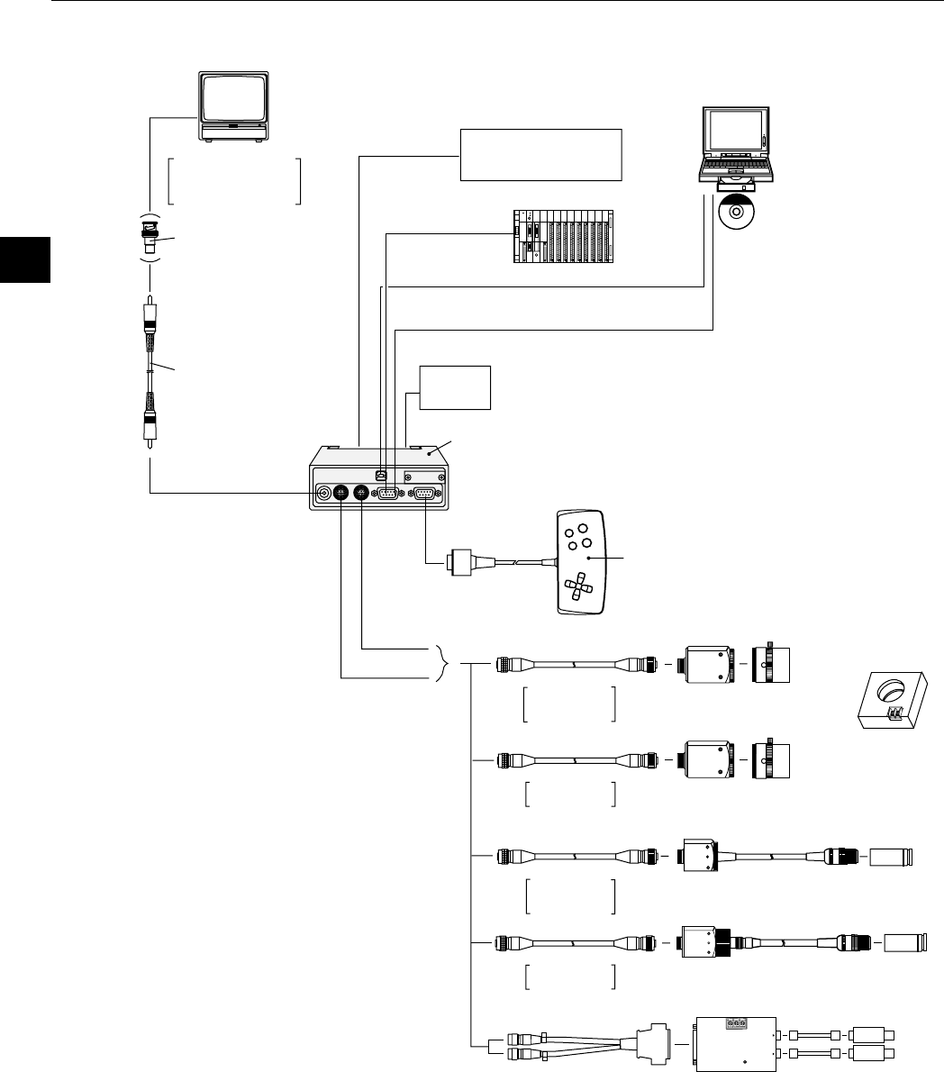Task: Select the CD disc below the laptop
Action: click(x=736, y=213)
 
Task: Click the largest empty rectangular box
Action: click(x=541, y=154)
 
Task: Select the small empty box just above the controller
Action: click(x=456, y=386)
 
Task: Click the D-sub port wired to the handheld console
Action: click(x=424, y=493)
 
